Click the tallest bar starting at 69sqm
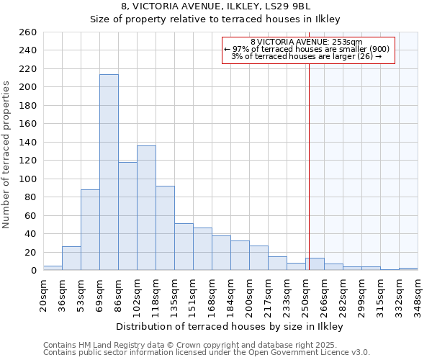click(x=109, y=173)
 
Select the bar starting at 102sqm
click(x=146, y=208)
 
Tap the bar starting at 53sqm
click(x=90, y=230)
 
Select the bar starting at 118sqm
click(x=165, y=228)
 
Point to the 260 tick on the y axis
click(x=29, y=32)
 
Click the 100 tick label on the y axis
click(x=29, y=179)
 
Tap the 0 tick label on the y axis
click(x=35, y=271)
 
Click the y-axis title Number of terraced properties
click(x=7, y=155)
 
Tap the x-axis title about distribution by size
click(x=229, y=326)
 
